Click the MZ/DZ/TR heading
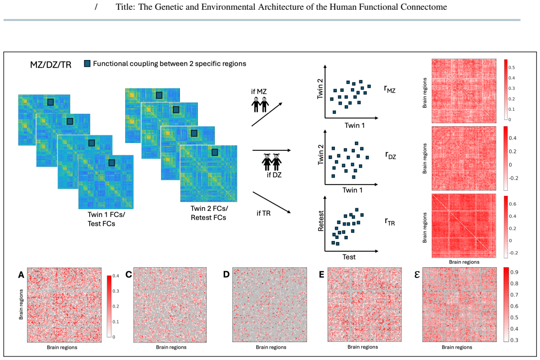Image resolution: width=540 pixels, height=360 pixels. coord(51,65)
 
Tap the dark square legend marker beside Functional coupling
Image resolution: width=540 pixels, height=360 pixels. coord(88,64)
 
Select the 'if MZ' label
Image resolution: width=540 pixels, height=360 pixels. coord(259,91)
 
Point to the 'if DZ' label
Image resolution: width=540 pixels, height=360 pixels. coord(274,175)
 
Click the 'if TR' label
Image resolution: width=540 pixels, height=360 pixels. coord(264,213)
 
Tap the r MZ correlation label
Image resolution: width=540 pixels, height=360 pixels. coord(390,89)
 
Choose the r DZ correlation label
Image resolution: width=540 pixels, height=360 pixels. coord(391,155)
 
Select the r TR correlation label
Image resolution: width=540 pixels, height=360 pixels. coord(390,222)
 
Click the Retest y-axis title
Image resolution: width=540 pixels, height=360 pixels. coord(321,221)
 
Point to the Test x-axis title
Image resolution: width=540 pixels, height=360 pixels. coord(349,257)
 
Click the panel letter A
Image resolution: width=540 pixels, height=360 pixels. coord(22,274)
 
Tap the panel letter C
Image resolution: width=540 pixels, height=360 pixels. coord(129,274)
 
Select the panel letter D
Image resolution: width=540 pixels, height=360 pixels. coord(226,274)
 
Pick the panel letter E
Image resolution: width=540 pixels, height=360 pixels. coord(322,274)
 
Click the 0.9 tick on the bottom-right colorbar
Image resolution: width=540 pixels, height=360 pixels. coord(514,272)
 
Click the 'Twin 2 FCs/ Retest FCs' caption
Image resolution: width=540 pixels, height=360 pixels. coord(209,213)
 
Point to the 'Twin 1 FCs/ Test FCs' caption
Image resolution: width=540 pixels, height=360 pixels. coord(106,219)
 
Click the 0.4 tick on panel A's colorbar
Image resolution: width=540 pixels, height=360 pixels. coord(116,276)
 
